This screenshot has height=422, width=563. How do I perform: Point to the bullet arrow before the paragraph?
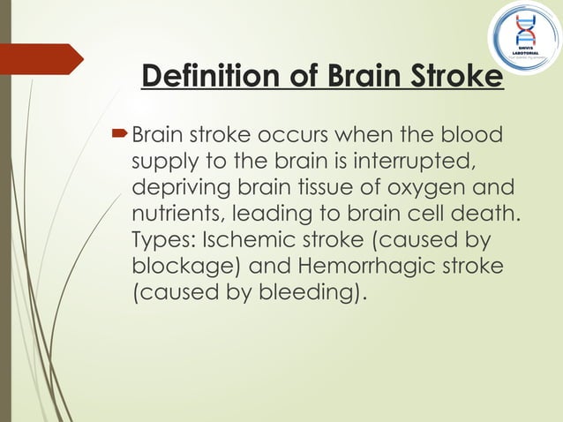point(122,136)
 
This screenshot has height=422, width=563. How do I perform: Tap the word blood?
point(471,137)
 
